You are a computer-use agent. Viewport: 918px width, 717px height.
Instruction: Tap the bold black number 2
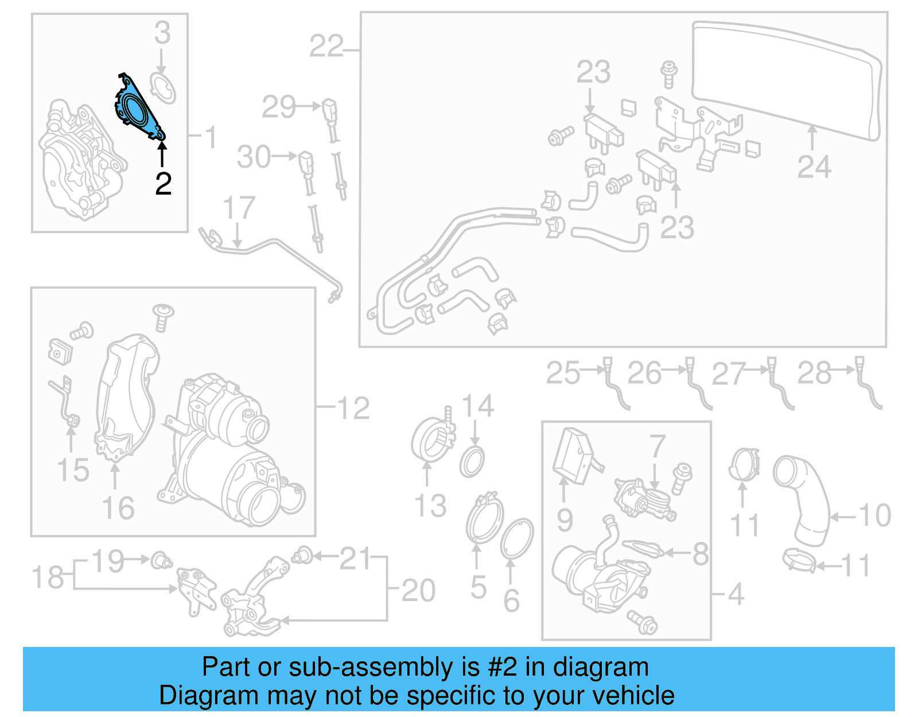coord(164,184)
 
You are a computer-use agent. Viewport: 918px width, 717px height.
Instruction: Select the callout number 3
coord(162,33)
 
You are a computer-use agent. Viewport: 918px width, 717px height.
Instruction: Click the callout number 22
coord(326,46)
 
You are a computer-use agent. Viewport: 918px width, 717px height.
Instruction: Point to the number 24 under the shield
coord(814,167)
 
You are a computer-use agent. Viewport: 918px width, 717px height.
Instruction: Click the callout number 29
coord(279,107)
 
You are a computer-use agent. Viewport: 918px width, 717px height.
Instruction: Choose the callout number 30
coord(254,157)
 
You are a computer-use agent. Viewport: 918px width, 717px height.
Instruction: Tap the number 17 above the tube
coord(239,208)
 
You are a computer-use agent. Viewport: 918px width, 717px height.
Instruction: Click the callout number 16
coord(118,508)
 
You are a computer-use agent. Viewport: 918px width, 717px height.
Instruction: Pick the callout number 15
coord(73,470)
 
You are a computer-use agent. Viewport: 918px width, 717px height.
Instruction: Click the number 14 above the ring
coord(478,406)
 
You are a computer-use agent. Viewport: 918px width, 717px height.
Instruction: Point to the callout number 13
coord(430,506)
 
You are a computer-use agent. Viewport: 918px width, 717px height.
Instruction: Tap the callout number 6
coord(511,600)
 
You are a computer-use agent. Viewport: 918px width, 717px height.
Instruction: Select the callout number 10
coord(875,516)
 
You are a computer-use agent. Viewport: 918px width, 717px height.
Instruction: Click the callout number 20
coord(418,590)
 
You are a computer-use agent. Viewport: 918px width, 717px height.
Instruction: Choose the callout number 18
coord(48,577)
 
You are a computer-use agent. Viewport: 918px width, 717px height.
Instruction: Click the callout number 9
coord(565,520)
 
